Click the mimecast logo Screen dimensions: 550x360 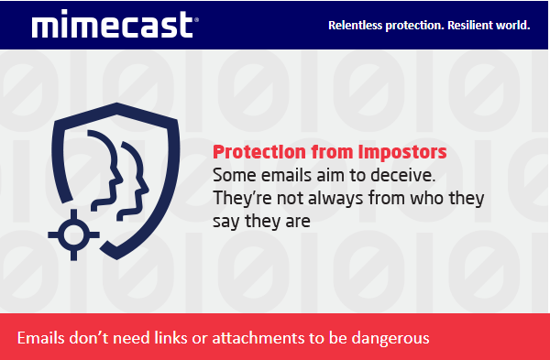pos(113,24)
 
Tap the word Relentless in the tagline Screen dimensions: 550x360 pos(355,26)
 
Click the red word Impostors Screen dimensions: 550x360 pos(402,152)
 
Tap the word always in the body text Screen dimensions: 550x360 pos(335,198)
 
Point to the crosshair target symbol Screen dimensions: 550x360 pos(73,235)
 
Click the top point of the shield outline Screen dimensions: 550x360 pos(116,104)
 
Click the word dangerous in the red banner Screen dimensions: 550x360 pos(390,338)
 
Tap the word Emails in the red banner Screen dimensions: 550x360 pos(40,338)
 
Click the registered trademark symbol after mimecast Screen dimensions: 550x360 pos(196,19)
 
